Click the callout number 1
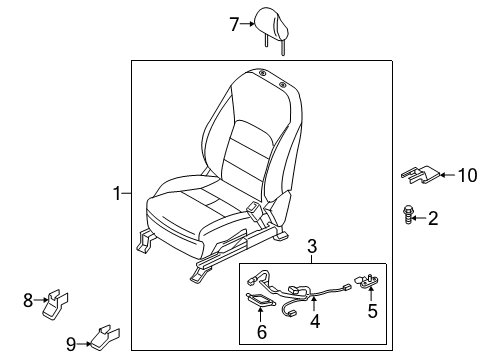coord(117,193)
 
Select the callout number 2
coord(433,218)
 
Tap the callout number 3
coord(312,246)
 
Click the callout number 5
coord(372,311)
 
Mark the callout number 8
coord(29,297)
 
